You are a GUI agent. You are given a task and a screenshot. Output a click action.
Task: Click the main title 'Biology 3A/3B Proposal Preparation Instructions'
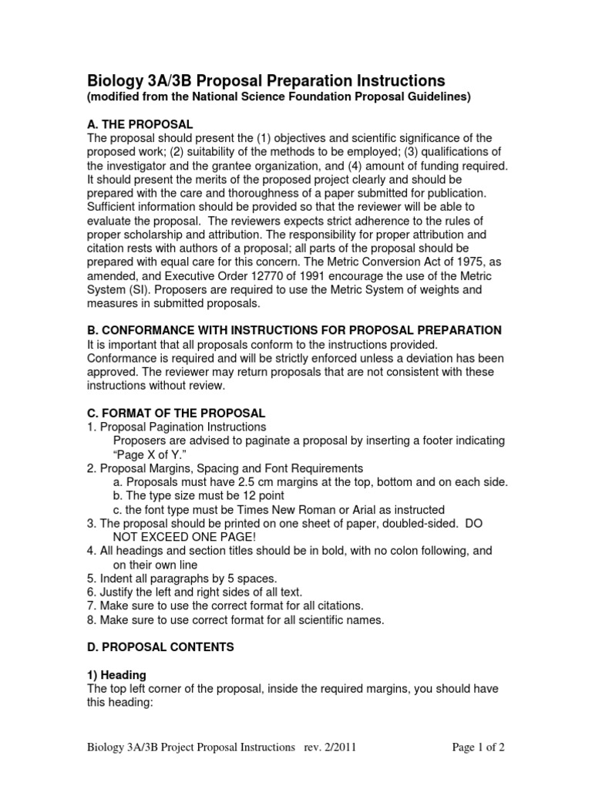pyautogui.click(x=265, y=80)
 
